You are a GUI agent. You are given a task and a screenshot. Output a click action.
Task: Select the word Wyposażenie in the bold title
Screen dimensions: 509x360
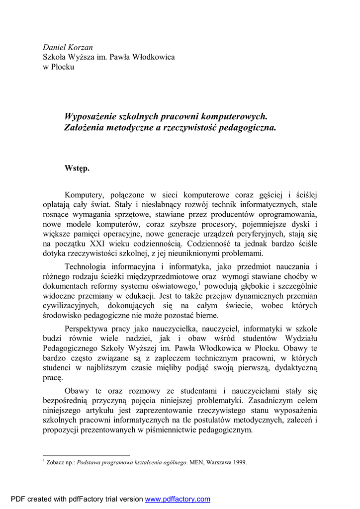tap(90, 116)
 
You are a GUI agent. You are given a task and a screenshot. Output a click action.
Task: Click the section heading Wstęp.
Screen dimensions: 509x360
tap(77, 168)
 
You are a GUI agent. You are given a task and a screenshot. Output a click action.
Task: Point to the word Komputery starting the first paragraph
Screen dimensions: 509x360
tap(84, 195)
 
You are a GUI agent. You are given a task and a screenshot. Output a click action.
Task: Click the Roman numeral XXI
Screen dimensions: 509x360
tap(99, 244)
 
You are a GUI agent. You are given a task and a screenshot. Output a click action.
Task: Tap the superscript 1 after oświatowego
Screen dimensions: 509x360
tap(199, 284)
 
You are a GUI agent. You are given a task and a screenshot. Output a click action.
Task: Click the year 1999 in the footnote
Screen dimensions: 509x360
tap(238, 462)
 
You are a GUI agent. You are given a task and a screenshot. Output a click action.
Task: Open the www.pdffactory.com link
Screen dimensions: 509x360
tap(178, 500)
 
